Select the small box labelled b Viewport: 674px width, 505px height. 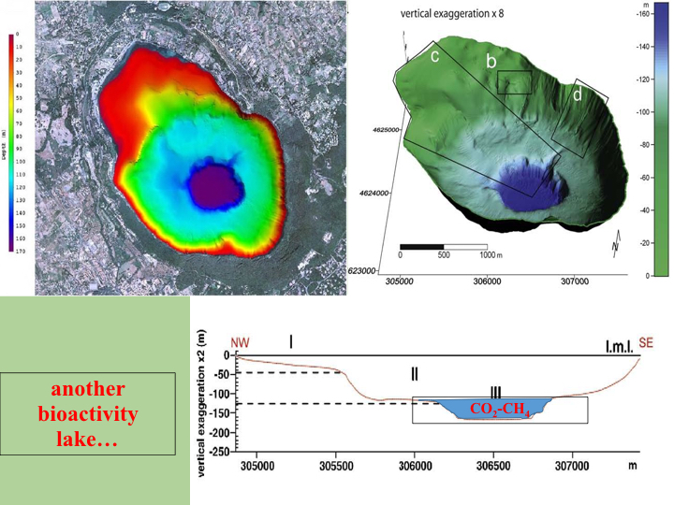coord(514,82)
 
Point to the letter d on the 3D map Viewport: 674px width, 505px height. coord(578,94)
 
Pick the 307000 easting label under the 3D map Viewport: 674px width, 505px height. coord(573,281)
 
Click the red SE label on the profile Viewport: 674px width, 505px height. coord(646,343)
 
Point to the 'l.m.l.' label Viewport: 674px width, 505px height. coord(620,347)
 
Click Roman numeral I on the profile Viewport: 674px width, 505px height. coord(291,342)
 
